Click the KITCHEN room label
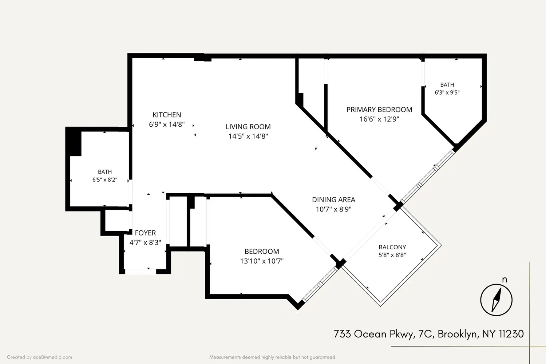click(x=167, y=115)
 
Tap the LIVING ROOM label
click(x=248, y=127)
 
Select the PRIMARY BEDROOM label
click(x=379, y=110)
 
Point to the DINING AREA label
click(x=333, y=200)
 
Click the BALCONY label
click(x=392, y=247)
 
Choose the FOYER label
click(x=145, y=233)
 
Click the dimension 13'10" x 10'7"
click(x=262, y=261)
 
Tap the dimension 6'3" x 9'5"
click(x=447, y=92)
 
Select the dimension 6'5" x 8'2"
click(x=105, y=180)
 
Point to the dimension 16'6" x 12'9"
click(x=379, y=119)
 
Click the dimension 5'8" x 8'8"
click(x=392, y=255)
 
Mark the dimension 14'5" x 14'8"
click(x=248, y=136)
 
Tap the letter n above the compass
click(x=505, y=280)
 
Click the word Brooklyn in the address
click(x=457, y=334)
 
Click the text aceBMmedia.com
click(x=52, y=357)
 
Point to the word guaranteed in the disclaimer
click(x=323, y=357)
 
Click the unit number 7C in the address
click(x=426, y=334)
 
